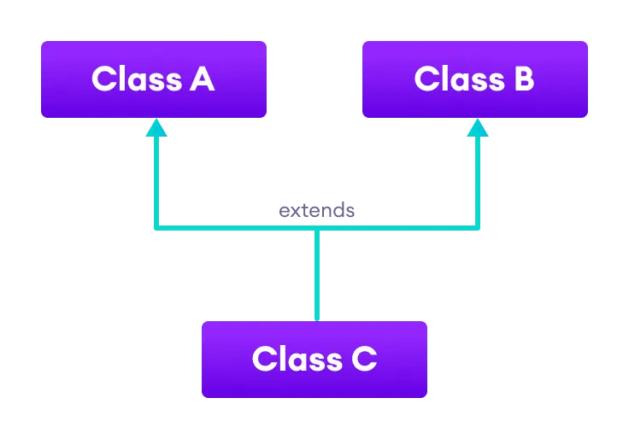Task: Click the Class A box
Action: [x=154, y=79]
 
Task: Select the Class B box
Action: [x=474, y=79]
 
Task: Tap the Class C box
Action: [x=314, y=359]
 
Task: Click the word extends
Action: [x=316, y=210]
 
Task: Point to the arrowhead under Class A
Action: [x=156, y=127]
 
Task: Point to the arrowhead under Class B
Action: [x=478, y=127]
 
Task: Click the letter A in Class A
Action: [x=202, y=79]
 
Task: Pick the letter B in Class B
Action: [x=521, y=79]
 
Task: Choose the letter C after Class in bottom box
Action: [x=362, y=359]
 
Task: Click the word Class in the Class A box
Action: [x=127, y=79]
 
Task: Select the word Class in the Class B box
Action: [x=450, y=79]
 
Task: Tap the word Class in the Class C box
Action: [x=288, y=359]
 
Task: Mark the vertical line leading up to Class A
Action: [x=156, y=179]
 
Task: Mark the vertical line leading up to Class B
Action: [x=478, y=179]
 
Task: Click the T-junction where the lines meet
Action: [x=317, y=228]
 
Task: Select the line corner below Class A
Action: [x=156, y=228]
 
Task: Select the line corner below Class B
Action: [x=478, y=228]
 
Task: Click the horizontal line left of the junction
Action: [x=235, y=228]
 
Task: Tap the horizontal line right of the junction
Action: [x=397, y=228]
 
